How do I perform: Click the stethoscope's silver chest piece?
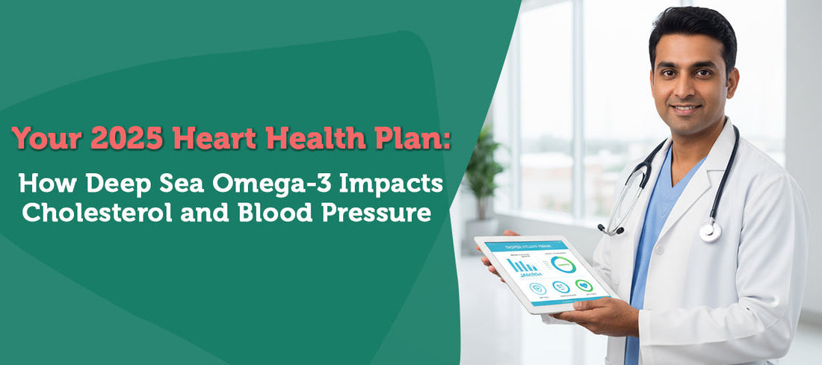pyautogui.click(x=710, y=231)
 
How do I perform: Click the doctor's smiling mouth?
pyautogui.click(x=686, y=109)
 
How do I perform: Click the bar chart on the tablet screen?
pyautogui.click(x=522, y=264)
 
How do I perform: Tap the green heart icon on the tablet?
pyautogui.click(x=584, y=286)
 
